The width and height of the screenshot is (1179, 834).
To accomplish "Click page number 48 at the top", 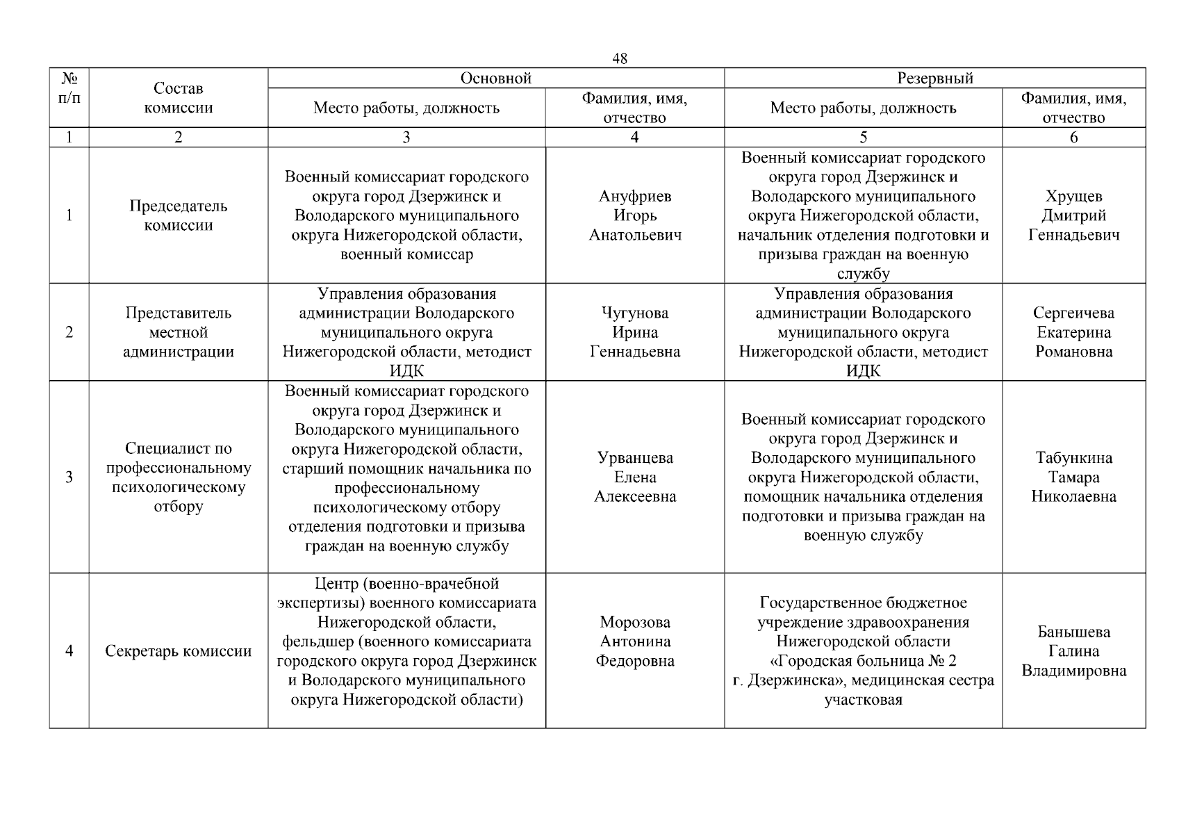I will [619, 59].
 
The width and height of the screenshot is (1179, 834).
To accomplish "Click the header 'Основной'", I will [496, 79].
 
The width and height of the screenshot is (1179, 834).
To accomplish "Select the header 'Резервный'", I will [934, 79].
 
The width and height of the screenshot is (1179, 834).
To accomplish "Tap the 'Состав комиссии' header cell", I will [178, 98].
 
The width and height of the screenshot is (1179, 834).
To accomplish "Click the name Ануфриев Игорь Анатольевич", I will [635, 215].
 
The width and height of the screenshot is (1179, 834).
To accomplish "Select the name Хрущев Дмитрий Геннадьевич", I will [1073, 215].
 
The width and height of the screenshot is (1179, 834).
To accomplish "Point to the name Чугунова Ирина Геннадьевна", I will [635, 332].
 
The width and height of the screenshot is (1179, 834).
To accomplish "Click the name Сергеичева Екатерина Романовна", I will [1073, 332].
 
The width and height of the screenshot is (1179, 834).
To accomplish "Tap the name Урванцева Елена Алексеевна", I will [635, 477].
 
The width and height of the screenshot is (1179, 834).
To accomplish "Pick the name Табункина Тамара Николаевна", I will [1073, 477].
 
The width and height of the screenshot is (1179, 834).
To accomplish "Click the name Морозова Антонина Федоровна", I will [635, 641].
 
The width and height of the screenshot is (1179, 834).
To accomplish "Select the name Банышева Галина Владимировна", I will [1073, 651].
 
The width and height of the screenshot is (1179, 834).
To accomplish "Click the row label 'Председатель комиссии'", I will [178, 215].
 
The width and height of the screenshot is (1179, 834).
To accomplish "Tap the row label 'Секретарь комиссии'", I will [178, 651].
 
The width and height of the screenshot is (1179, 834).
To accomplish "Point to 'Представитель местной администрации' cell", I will [178, 332].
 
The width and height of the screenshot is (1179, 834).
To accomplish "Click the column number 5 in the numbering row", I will [863, 138].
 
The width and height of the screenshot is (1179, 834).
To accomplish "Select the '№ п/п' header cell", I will [69, 88].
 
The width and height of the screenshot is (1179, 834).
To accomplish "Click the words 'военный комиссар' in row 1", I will [406, 254].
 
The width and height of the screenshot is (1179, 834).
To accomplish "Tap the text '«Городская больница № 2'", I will [863, 661].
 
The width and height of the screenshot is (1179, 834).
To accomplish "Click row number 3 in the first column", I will [69, 477].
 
